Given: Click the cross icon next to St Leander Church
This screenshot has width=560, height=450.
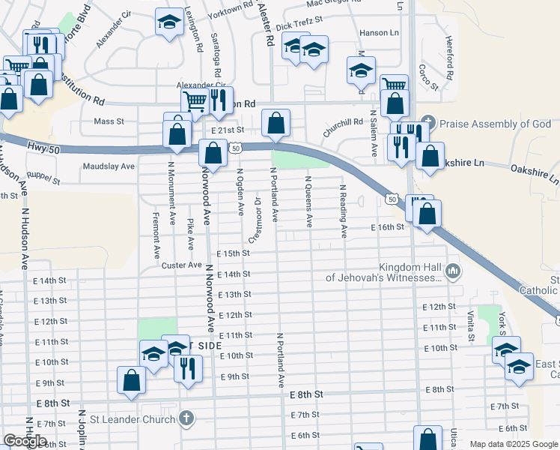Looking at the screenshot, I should point(186,416).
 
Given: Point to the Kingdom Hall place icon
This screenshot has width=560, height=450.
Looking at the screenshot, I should point(451,271).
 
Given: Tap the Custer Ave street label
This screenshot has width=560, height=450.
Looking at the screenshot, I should point(180,265).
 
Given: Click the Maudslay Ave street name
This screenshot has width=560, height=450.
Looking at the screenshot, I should point(109,166).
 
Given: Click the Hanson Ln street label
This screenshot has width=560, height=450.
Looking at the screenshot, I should point(379,33).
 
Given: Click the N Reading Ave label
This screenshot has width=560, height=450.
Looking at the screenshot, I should point(343,211).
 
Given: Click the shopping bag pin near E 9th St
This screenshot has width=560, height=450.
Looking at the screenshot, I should point(132,379).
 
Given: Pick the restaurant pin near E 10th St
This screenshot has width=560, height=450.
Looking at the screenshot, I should point(188,368).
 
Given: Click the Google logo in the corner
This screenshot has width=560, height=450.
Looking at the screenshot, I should point(25,441).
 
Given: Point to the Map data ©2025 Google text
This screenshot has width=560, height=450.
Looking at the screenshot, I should point(513,444).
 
